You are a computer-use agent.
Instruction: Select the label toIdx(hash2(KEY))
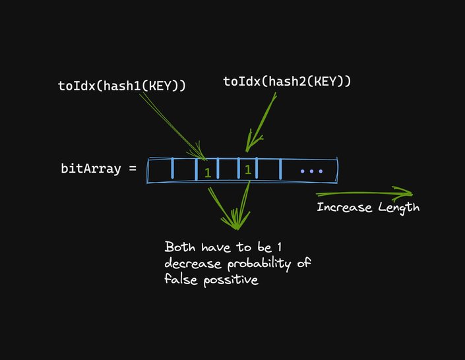[286, 81]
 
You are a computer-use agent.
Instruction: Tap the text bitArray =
[98, 168]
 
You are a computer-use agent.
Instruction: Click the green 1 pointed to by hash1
[207, 173]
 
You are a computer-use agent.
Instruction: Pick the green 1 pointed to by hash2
[247, 169]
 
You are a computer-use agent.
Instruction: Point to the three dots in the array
[311, 171]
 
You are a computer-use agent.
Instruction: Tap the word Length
[398, 207]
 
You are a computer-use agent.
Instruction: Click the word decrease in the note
[191, 264]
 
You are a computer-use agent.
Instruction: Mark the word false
[179, 280]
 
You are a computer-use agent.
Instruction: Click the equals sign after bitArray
[133, 168]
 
